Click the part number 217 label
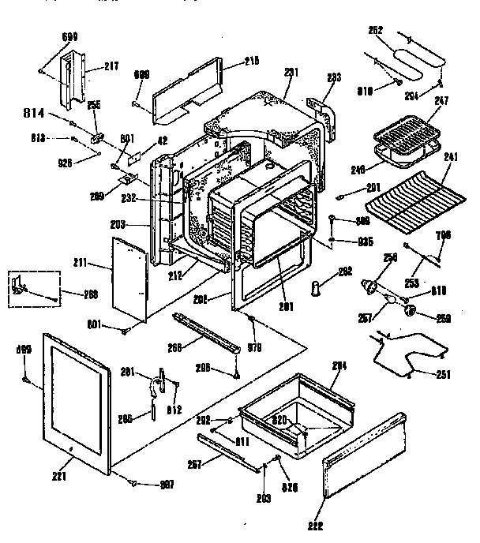[x=111, y=66]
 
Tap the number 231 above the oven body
[x=291, y=71]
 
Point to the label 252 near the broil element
[x=376, y=31]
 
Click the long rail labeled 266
[x=205, y=332]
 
